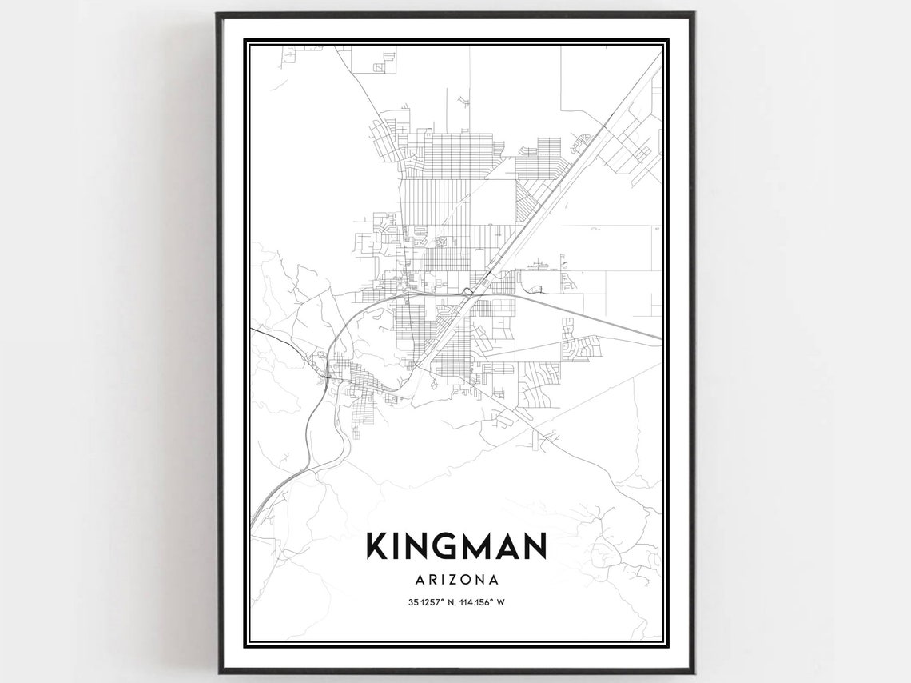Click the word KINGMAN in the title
(x=456, y=545)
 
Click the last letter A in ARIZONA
(x=495, y=577)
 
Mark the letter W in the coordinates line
(x=501, y=602)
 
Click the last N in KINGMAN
(x=536, y=545)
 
